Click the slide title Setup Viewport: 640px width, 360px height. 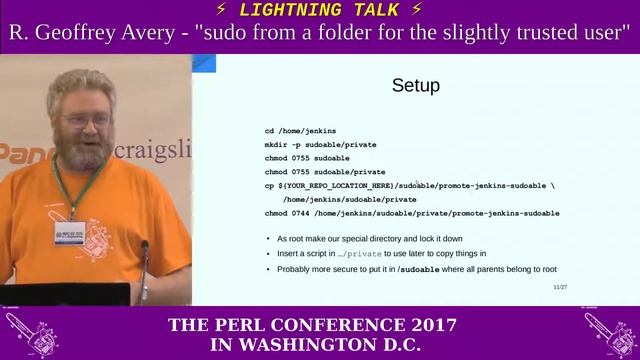(x=415, y=86)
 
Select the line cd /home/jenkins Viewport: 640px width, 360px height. (x=300, y=131)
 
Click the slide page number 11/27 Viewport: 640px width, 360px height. (x=560, y=287)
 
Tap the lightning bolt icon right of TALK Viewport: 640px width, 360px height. (x=416, y=10)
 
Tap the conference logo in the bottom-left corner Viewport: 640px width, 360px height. (x=31, y=334)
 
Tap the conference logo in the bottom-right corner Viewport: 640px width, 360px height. (x=607, y=334)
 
